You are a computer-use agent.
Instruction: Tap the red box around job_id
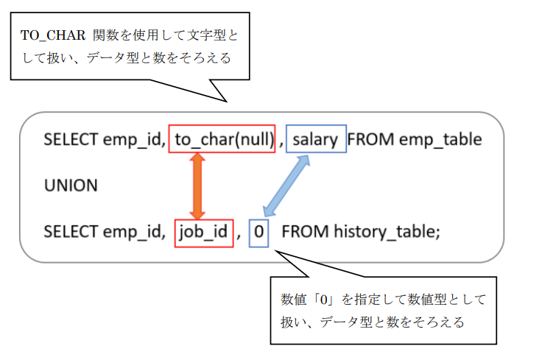point(203,232)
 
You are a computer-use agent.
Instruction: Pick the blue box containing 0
point(259,232)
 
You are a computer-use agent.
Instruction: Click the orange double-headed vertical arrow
point(197,186)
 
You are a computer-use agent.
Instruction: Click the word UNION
point(71,186)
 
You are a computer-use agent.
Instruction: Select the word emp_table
point(440,139)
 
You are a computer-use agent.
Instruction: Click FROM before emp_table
point(371,139)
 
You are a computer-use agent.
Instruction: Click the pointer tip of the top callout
point(226,102)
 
